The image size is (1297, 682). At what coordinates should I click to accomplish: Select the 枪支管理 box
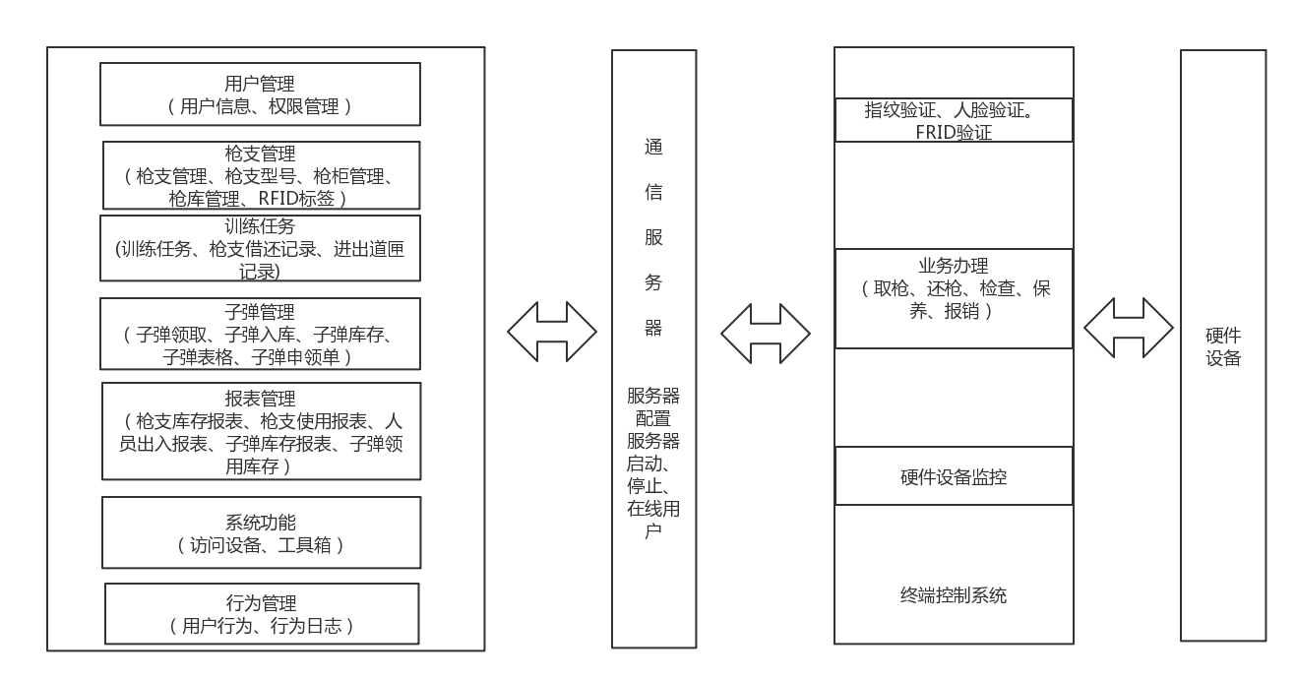pyautogui.click(x=260, y=176)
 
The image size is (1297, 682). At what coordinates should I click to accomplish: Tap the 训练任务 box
pyautogui.click(x=260, y=248)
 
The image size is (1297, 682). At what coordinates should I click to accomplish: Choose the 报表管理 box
pyautogui.click(x=260, y=431)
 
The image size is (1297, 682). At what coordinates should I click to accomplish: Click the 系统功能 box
pyautogui.click(x=260, y=532)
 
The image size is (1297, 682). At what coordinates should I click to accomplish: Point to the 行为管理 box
pyautogui.click(x=260, y=613)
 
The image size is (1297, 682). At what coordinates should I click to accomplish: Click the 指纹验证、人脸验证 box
pyautogui.click(x=954, y=120)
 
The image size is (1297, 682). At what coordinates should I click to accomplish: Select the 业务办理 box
pyautogui.click(x=954, y=298)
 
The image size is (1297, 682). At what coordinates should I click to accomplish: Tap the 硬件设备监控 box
pyautogui.click(x=954, y=477)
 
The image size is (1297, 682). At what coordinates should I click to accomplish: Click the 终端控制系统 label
pyautogui.click(x=954, y=595)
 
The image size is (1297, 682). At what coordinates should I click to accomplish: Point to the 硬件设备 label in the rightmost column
pyautogui.click(x=1222, y=347)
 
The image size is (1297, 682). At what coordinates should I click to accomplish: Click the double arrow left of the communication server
pyautogui.click(x=552, y=330)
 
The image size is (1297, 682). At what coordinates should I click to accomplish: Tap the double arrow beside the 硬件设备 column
pyautogui.click(x=1128, y=326)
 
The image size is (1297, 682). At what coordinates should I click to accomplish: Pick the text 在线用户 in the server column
pyautogui.click(x=653, y=521)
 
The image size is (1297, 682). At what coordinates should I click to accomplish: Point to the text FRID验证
pyautogui.click(x=954, y=132)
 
